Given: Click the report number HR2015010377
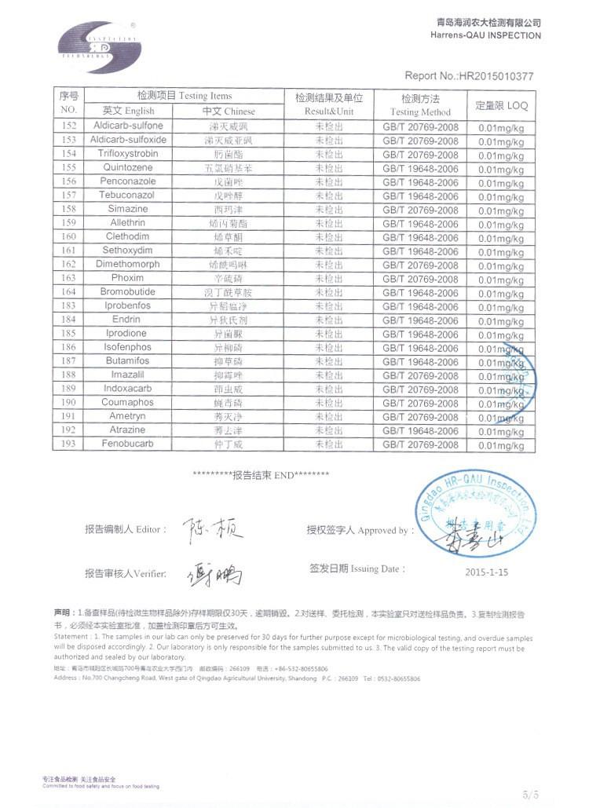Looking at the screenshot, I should pyautogui.click(x=469, y=76).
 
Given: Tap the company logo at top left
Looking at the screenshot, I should pyautogui.click(x=99, y=47).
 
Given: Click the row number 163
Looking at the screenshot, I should pyautogui.click(x=68, y=278).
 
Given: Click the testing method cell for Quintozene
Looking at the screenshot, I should pyautogui.click(x=420, y=167).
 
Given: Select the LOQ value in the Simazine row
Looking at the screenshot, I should pyautogui.click(x=501, y=210).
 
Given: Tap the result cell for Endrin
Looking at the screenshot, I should pyautogui.click(x=329, y=320).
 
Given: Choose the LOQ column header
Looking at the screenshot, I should pyautogui.click(x=501, y=104).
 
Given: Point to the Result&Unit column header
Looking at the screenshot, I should pyautogui.click(x=329, y=105).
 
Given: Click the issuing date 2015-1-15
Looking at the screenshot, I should pyautogui.click(x=486, y=572).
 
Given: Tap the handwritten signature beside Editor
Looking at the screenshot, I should pyautogui.click(x=212, y=529).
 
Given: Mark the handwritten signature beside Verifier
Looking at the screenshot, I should pyautogui.click(x=214, y=576).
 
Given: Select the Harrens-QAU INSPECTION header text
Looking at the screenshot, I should pyautogui.click(x=485, y=35).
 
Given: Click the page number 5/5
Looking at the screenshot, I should pyautogui.click(x=531, y=794).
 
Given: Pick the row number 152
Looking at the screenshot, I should pyautogui.click(x=68, y=126).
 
